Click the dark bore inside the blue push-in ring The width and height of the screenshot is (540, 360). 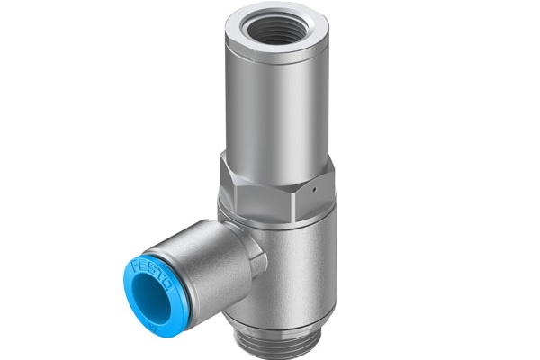[151, 297]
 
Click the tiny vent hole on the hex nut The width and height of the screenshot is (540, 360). [314, 189]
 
